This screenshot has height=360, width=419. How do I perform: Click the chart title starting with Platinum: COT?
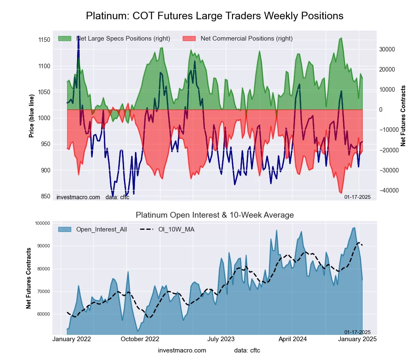215,16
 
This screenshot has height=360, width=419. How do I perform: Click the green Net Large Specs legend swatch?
65,39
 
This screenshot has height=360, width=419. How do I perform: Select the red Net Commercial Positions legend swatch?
189,39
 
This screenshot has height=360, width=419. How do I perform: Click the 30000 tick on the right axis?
387,49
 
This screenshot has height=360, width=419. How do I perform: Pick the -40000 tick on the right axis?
386,190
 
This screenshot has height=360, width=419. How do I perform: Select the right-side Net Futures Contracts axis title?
403,116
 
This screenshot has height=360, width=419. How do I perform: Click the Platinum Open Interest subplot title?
215,215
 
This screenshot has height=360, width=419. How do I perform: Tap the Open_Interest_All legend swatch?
65,229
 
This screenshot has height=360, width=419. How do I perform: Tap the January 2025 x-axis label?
357,339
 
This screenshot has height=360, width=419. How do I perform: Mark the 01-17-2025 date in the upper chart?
357,197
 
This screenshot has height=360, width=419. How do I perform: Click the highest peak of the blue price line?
78,37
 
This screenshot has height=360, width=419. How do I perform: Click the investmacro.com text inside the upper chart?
78,197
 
